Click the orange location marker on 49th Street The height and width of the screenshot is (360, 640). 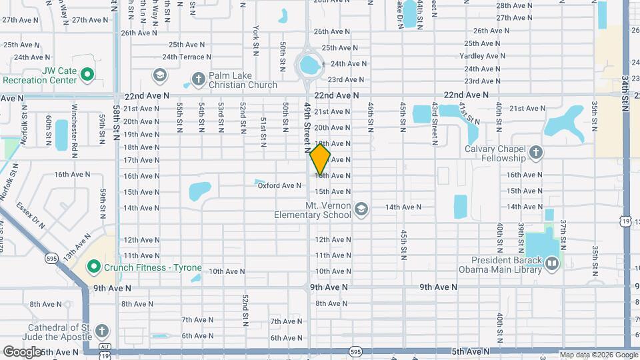[x=320, y=159]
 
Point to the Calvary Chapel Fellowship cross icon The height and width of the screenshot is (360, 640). [x=535, y=153]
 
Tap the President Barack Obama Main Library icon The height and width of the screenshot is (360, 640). [x=551, y=264]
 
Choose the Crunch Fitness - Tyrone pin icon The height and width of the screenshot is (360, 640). [x=93, y=268]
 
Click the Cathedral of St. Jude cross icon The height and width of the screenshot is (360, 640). [x=101, y=331]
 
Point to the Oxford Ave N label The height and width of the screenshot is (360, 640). [x=279, y=185]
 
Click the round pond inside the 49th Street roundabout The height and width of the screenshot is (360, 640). [x=309, y=65]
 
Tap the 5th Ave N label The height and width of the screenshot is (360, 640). [x=470, y=351]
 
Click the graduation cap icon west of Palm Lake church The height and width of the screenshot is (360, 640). [x=159, y=75]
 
